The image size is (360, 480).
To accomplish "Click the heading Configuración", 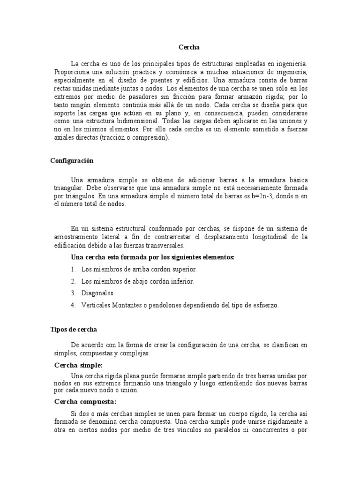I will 72,161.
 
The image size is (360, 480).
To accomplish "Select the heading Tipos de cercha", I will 74,330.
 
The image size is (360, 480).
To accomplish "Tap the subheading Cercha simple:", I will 78,365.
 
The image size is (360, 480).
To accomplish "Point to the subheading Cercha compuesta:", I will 85,402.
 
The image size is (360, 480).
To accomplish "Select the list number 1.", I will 73,270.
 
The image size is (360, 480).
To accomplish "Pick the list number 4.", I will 73,305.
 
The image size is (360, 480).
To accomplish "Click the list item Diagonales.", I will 98,293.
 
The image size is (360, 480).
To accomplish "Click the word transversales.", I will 165,245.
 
